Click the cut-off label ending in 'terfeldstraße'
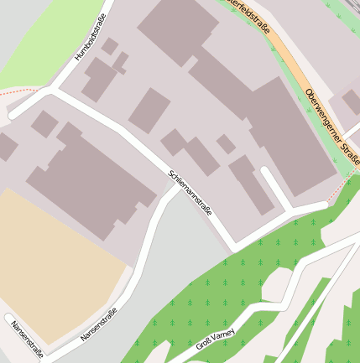pyautogui.click(x=250, y=15)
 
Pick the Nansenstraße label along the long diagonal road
pyautogui.click(x=98, y=324)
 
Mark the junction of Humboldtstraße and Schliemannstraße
pyautogui.click(x=55, y=91)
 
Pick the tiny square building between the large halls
pyautogui.click(x=225, y=144)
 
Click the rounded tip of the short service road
pyautogui.click(x=265, y=172)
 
